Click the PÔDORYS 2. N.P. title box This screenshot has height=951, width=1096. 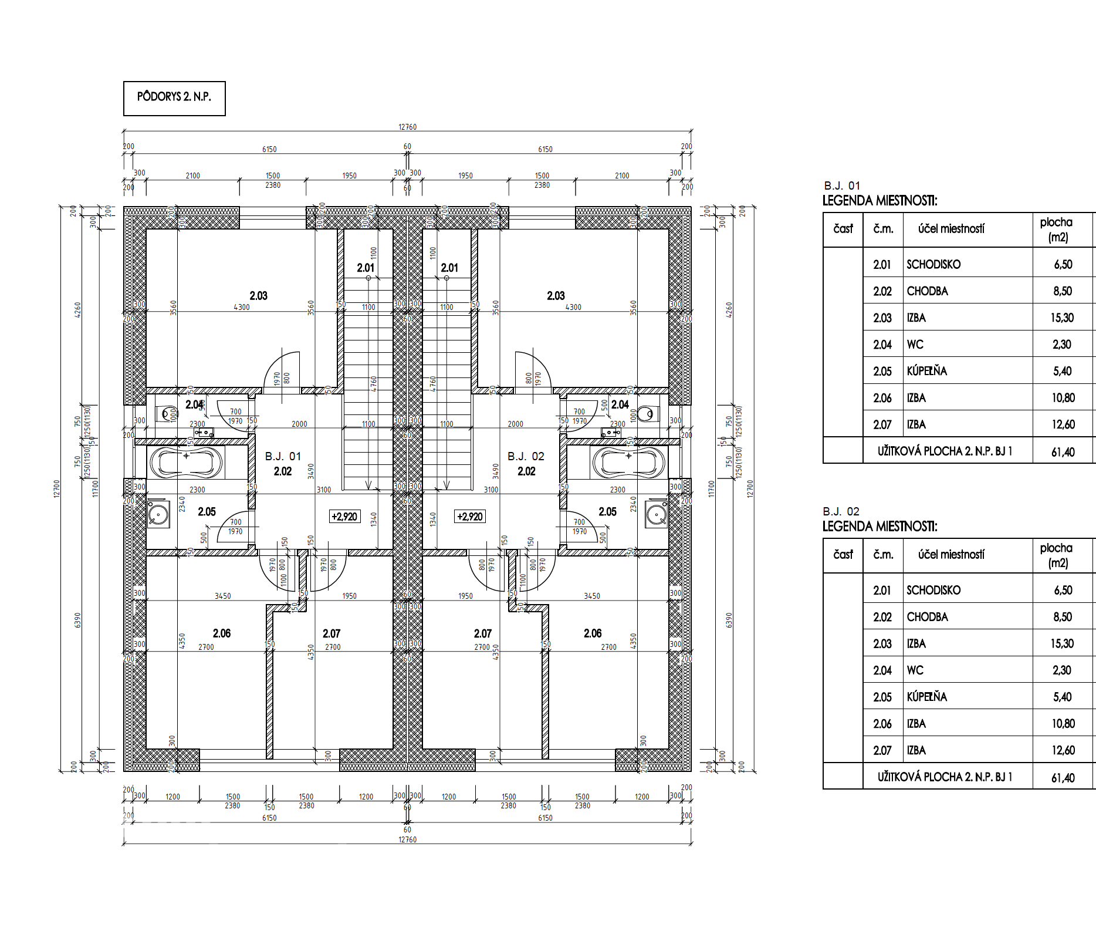[x=174, y=98]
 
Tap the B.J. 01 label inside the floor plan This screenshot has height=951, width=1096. [x=283, y=456]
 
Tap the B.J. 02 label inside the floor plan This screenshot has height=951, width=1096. [x=526, y=456]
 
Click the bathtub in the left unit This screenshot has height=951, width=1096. [x=186, y=462]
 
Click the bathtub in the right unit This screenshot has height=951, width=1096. [x=628, y=462]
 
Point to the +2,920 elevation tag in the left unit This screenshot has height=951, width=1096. [x=344, y=517]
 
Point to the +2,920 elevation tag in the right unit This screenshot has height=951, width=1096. [x=470, y=517]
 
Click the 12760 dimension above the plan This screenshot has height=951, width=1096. [x=407, y=127]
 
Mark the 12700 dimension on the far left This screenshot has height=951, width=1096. [x=57, y=488]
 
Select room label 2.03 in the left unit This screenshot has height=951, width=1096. [x=258, y=296]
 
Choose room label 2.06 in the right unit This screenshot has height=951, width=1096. [x=593, y=633]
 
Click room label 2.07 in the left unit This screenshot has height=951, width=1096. [x=331, y=633]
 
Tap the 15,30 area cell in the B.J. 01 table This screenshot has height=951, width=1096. [x=1062, y=318]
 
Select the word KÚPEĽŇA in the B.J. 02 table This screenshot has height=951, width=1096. [x=926, y=697]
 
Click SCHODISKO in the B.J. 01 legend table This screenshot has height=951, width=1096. [x=933, y=264]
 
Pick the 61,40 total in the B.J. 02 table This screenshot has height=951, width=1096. [x=1063, y=778]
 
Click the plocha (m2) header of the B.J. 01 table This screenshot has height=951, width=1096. [x=1057, y=230]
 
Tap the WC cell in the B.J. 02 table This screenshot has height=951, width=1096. [x=915, y=670]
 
